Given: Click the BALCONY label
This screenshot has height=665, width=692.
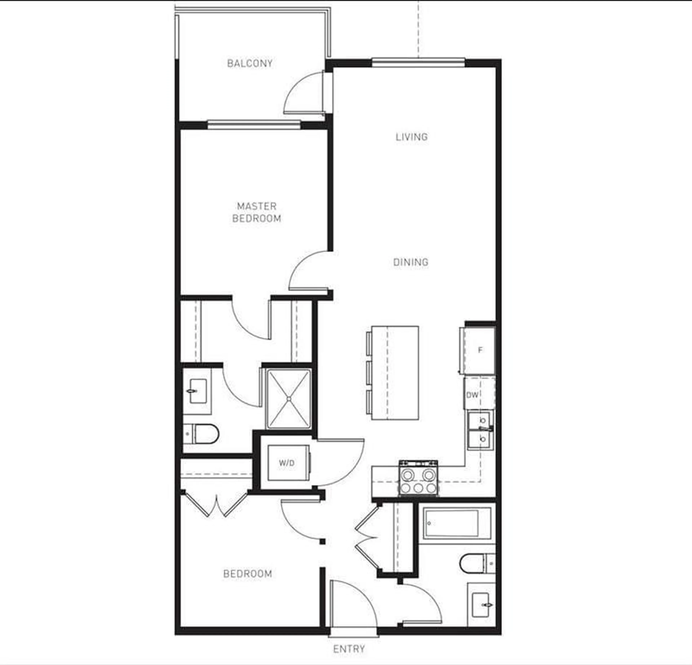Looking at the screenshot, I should [x=250, y=64].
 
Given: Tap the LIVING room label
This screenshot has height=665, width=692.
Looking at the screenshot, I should [x=411, y=137].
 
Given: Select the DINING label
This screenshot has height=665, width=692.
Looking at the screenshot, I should [x=411, y=262].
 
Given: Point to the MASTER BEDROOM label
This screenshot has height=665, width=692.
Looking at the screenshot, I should [x=257, y=212].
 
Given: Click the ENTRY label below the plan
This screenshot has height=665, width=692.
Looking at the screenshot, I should [x=349, y=649].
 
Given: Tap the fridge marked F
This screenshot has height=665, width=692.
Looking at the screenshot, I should [x=480, y=350].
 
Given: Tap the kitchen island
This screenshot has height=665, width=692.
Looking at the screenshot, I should [x=395, y=373].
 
